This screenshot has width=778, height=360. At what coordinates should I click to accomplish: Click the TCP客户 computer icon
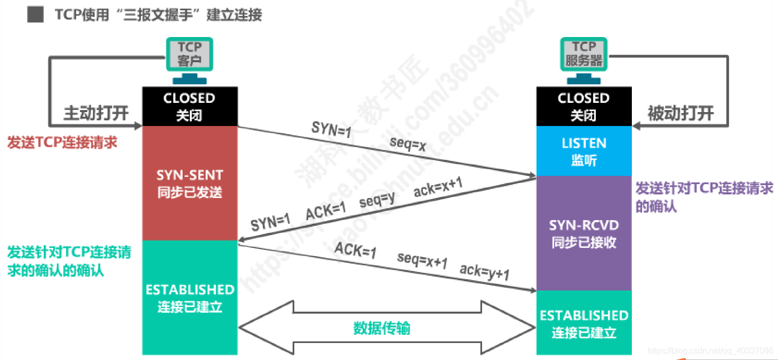tap(189, 55)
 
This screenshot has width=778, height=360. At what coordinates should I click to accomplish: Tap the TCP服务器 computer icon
tap(583, 55)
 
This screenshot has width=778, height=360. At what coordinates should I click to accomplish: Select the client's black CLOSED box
tap(189, 106)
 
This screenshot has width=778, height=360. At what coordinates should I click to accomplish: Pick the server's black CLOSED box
tap(583, 106)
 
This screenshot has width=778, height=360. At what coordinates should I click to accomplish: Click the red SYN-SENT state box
tap(189, 183)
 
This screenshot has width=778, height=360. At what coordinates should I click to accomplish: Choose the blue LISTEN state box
tap(583, 151)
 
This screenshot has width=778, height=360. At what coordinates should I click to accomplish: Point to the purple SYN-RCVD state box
tap(583, 233)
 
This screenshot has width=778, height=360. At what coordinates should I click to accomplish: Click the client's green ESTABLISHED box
tap(189, 297)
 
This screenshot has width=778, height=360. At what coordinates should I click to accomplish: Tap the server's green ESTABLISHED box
tap(583, 323)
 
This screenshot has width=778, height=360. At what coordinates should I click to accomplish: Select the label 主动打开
tap(96, 113)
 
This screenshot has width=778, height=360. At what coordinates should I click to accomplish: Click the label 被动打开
tap(680, 113)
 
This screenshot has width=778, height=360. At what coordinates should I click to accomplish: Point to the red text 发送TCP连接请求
tap(62, 142)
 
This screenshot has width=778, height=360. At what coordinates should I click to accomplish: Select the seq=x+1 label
tap(422, 261)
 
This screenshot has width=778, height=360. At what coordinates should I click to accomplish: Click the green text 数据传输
tap(381, 328)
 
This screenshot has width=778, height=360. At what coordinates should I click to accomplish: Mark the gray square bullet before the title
tap(35, 15)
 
